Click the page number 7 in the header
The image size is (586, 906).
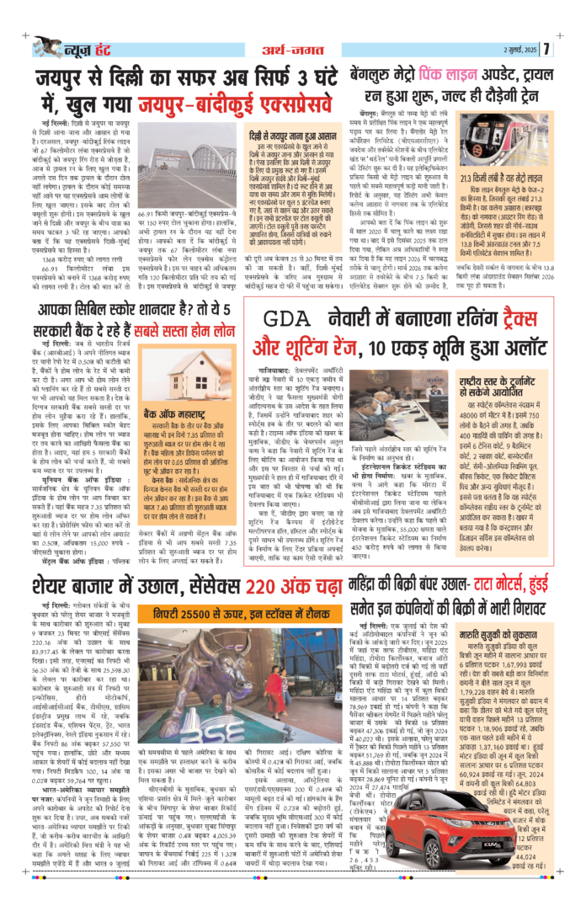pyautogui.click(x=570, y=47)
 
